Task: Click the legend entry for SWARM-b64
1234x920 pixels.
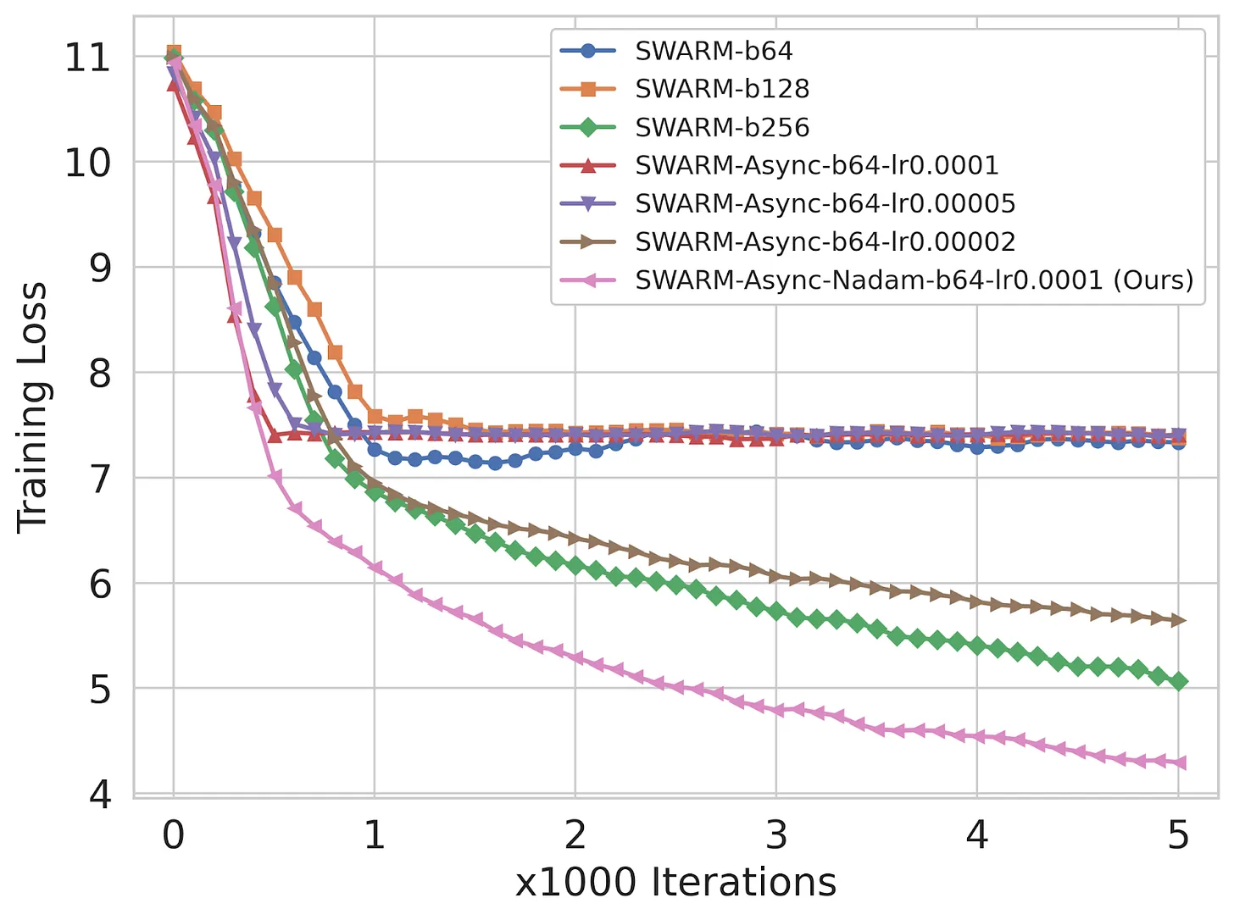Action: [x=714, y=51]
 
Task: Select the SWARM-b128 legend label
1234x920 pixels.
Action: [x=722, y=89]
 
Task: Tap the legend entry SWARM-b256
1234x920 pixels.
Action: [x=722, y=127]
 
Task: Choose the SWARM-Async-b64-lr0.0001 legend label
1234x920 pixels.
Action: [x=817, y=165]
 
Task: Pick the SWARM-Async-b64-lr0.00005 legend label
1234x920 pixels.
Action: [x=825, y=203]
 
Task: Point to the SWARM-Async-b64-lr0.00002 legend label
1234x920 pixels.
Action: [x=825, y=241]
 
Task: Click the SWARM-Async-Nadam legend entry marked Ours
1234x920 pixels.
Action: [x=914, y=280]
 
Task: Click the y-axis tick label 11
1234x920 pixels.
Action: [x=87, y=58]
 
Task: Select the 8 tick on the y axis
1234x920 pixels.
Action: [x=100, y=373]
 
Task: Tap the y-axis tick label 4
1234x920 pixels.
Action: [x=100, y=794]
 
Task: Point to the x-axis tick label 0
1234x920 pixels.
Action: [x=174, y=835]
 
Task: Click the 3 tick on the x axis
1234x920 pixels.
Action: [x=776, y=835]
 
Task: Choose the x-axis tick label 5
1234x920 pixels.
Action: [x=1178, y=835]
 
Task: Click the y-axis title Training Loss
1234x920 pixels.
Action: [x=33, y=407]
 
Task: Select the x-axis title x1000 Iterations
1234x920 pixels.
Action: [x=675, y=883]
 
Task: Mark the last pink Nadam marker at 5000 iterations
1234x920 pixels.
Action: [x=1177, y=763]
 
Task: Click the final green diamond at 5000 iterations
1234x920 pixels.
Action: [x=1178, y=682]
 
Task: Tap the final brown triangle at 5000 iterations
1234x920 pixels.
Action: [x=1178, y=621]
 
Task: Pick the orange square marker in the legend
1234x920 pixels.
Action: [x=588, y=89]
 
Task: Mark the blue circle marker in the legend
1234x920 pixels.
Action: [x=588, y=51]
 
